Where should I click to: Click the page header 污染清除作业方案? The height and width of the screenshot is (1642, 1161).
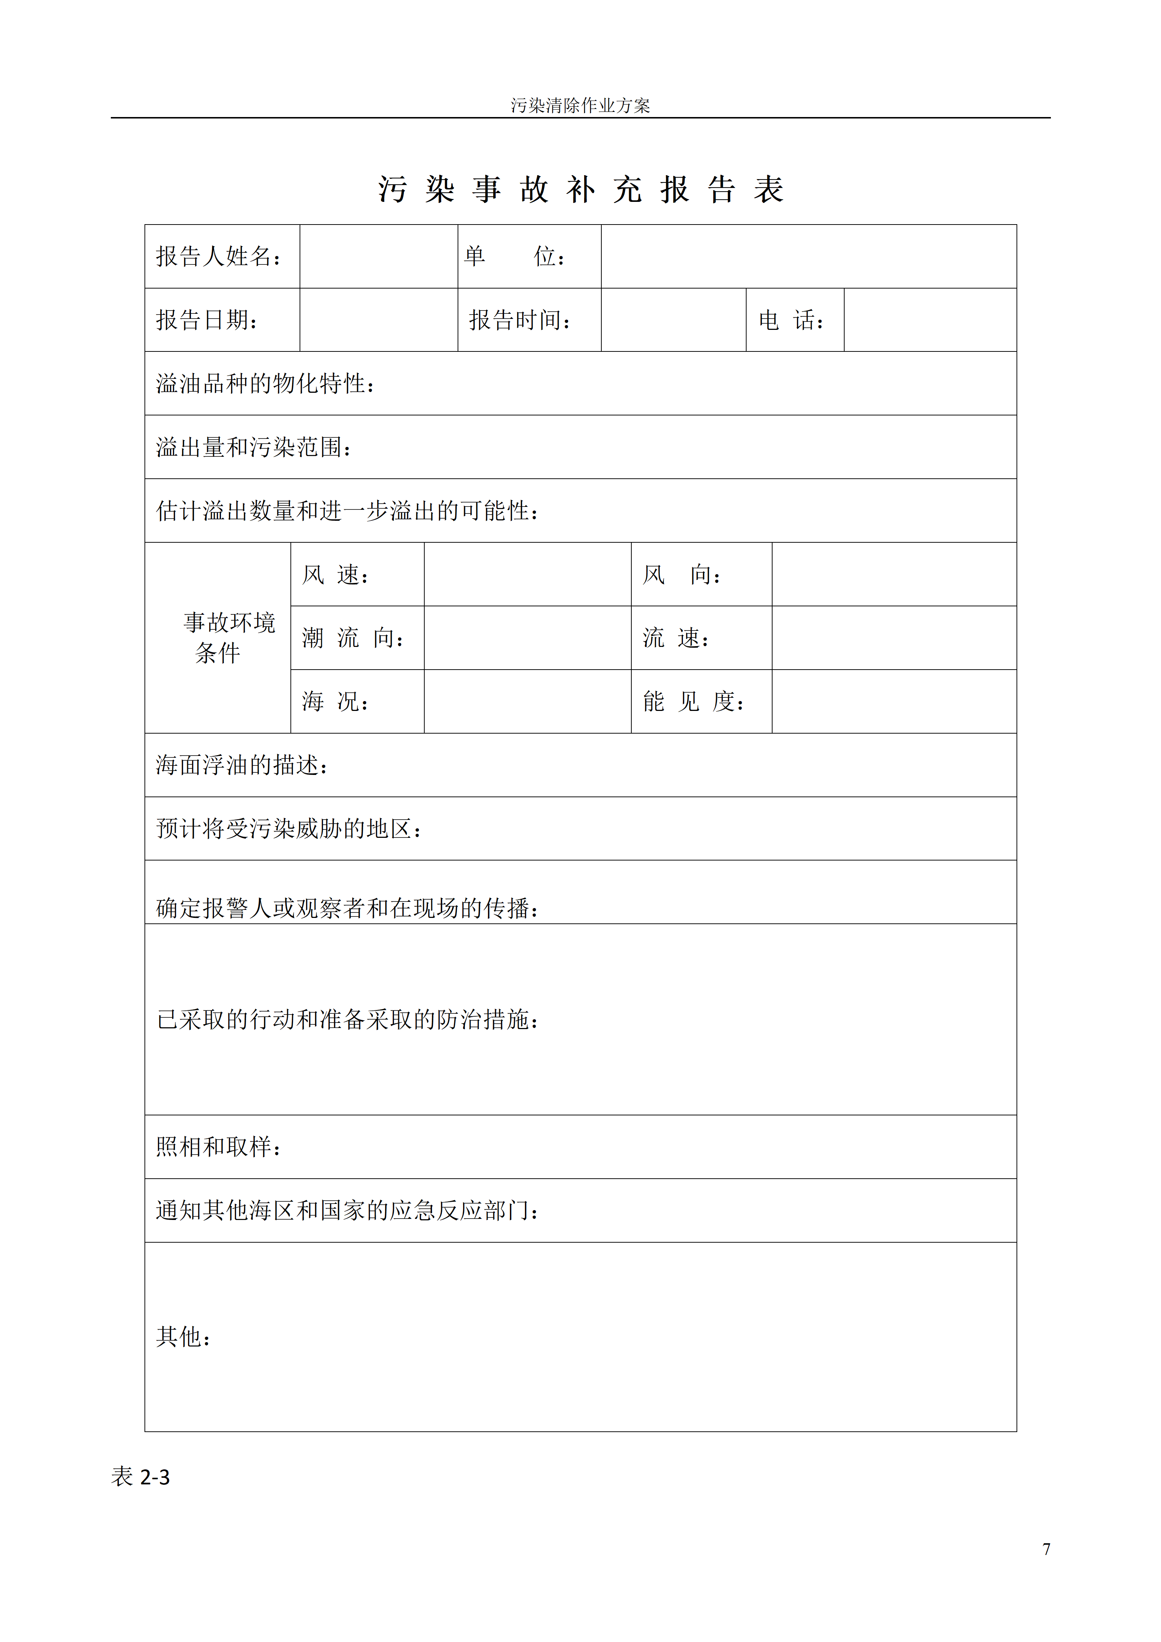point(580,106)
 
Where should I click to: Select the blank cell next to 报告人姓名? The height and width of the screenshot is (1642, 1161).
point(379,257)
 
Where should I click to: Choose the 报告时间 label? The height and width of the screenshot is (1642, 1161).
point(520,320)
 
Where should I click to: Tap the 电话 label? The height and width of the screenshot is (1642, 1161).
point(791,320)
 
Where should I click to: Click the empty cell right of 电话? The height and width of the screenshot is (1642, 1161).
point(930,320)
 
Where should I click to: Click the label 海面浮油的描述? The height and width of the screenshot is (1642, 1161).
point(243,765)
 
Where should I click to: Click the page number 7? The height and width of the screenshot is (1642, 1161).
point(1047,1549)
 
